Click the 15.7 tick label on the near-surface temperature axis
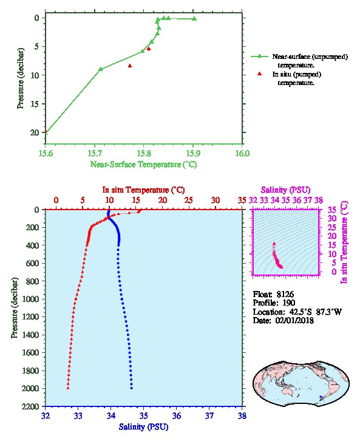(x=95, y=153)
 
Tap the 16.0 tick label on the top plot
(x=242, y=153)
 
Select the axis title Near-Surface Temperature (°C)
(x=144, y=165)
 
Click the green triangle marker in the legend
(x=260, y=56)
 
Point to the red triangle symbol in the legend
(x=260, y=73)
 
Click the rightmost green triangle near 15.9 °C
(x=194, y=19)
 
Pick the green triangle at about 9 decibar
(x=101, y=69)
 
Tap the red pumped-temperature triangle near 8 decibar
(x=130, y=66)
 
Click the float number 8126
(x=285, y=295)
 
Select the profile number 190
(x=288, y=303)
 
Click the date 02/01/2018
(x=294, y=321)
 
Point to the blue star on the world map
(x=321, y=397)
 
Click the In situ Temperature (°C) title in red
(x=143, y=190)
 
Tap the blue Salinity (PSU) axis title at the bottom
(x=144, y=427)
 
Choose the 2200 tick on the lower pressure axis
(x=30, y=406)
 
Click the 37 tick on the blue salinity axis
(x=209, y=415)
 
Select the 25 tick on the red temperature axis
(x=189, y=200)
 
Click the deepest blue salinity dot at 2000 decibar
(x=132, y=388)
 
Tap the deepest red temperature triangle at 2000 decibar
(x=68, y=388)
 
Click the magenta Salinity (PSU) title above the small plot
(x=285, y=190)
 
